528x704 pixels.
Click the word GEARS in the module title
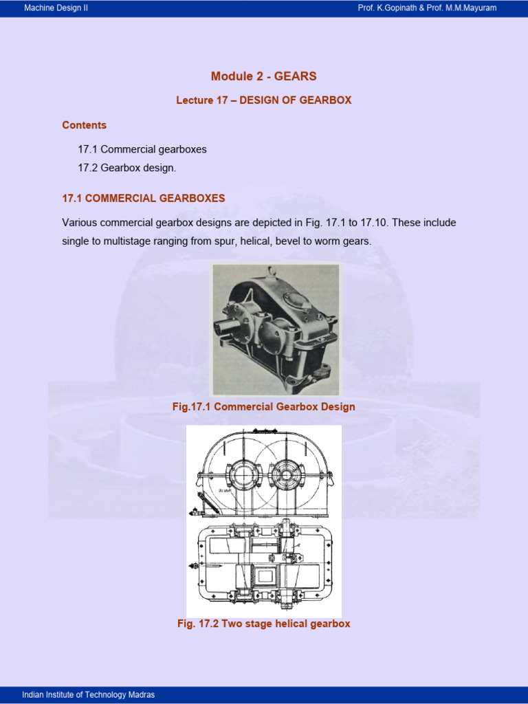pos(295,76)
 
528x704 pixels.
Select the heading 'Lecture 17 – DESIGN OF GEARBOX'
pos(263,100)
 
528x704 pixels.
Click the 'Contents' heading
pos(84,125)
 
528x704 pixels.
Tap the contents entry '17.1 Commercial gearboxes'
pos(142,149)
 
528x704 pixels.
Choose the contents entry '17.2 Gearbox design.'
pos(131,168)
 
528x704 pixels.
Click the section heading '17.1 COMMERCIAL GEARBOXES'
pos(143,198)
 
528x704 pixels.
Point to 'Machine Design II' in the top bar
pos(56,8)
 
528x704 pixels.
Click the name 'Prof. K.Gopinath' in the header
pos(390,8)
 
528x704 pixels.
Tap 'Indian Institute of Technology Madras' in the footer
pos(88,695)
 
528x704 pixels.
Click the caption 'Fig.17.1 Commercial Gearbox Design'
pos(263,407)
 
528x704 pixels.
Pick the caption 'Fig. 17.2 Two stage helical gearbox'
pos(263,624)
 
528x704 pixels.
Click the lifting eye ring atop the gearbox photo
pos(272,269)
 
